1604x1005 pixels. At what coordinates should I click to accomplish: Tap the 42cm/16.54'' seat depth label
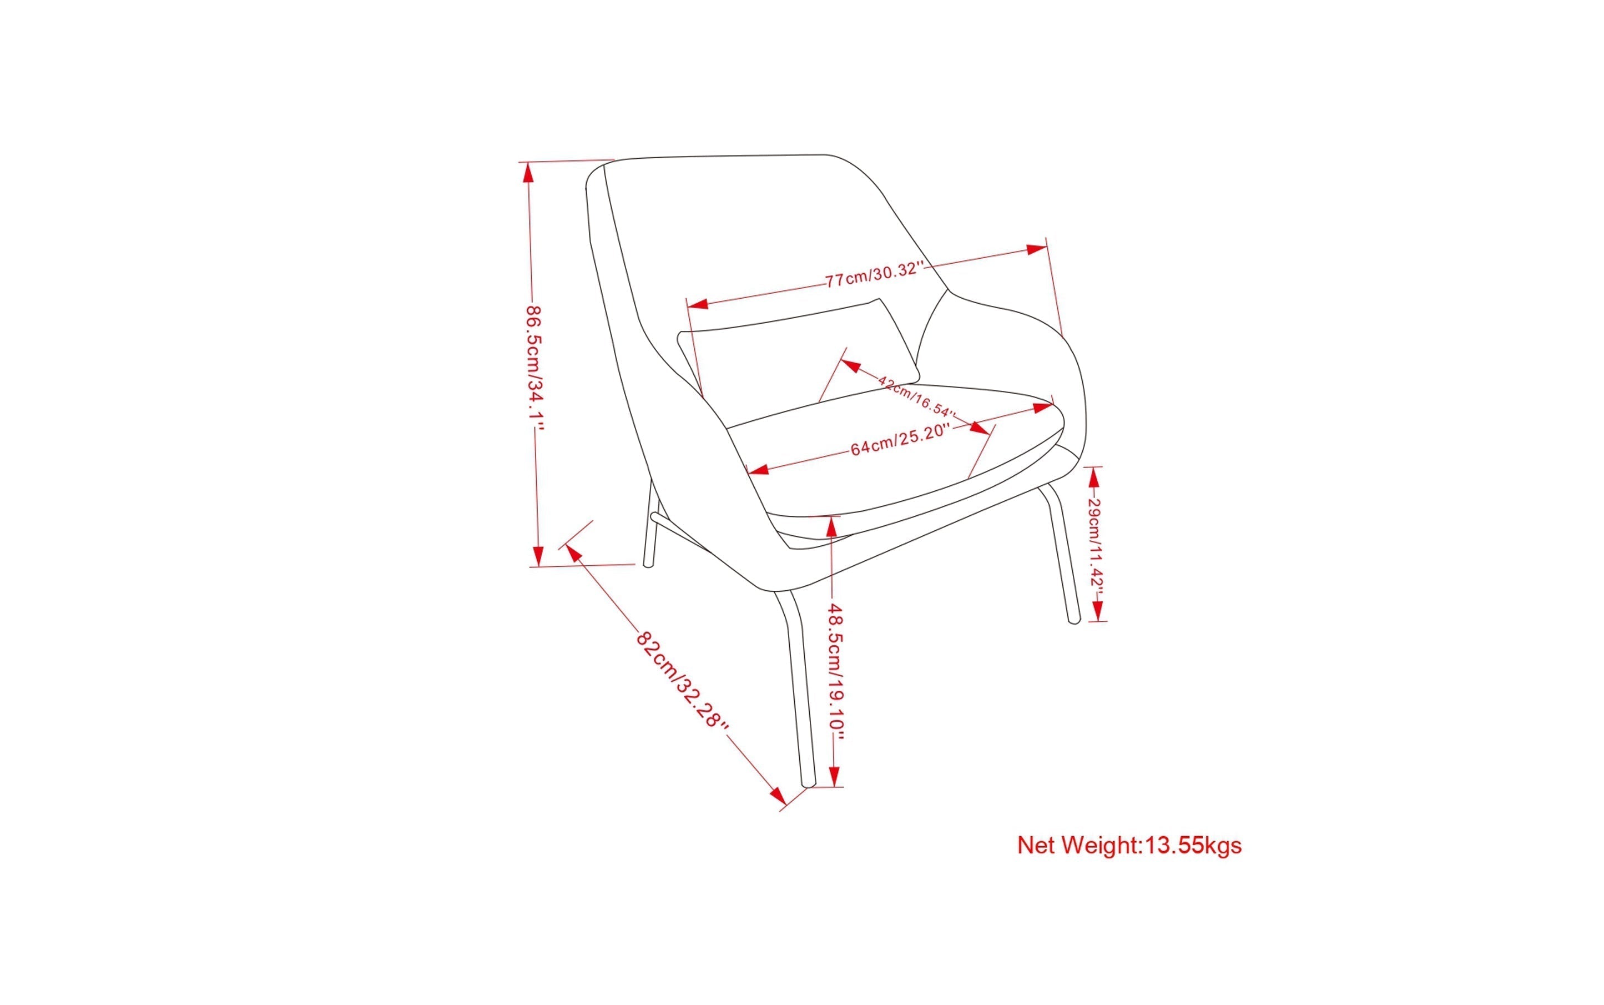tap(916, 396)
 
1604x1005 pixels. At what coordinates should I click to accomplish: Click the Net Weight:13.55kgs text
tap(1129, 846)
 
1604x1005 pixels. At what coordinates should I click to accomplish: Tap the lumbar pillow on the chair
tap(798, 352)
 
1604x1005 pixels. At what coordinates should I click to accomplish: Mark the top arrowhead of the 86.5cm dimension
tap(529, 173)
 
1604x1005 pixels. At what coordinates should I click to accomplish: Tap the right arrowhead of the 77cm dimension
tap(1037, 250)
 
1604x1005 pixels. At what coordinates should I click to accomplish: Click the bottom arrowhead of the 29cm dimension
tap(1097, 610)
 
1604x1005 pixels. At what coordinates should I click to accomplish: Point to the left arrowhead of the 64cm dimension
tap(758, 469)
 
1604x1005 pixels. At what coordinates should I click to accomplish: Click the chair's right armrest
tap(1037, 345)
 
